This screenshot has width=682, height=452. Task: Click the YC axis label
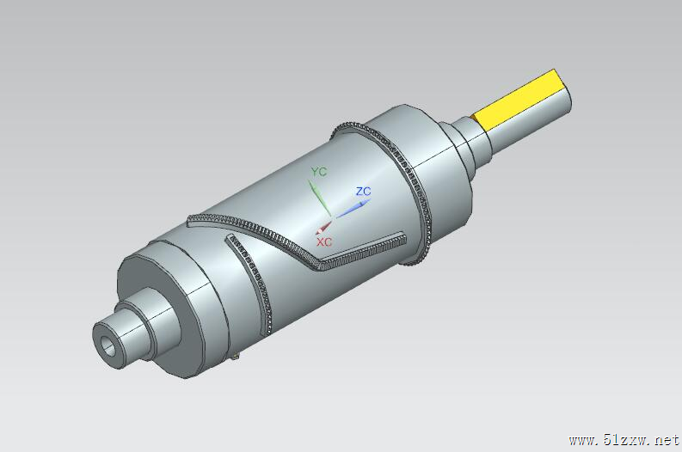point(319,172)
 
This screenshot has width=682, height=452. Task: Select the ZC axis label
point(363,192)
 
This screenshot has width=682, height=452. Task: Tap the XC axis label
point(324,242)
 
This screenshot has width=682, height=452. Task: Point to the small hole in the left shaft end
point(108,345)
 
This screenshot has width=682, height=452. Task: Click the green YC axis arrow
point(320,199)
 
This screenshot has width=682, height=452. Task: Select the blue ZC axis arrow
point(352,209)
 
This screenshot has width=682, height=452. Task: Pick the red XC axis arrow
point(324,228)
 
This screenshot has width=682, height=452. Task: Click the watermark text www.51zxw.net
point(624,440)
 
